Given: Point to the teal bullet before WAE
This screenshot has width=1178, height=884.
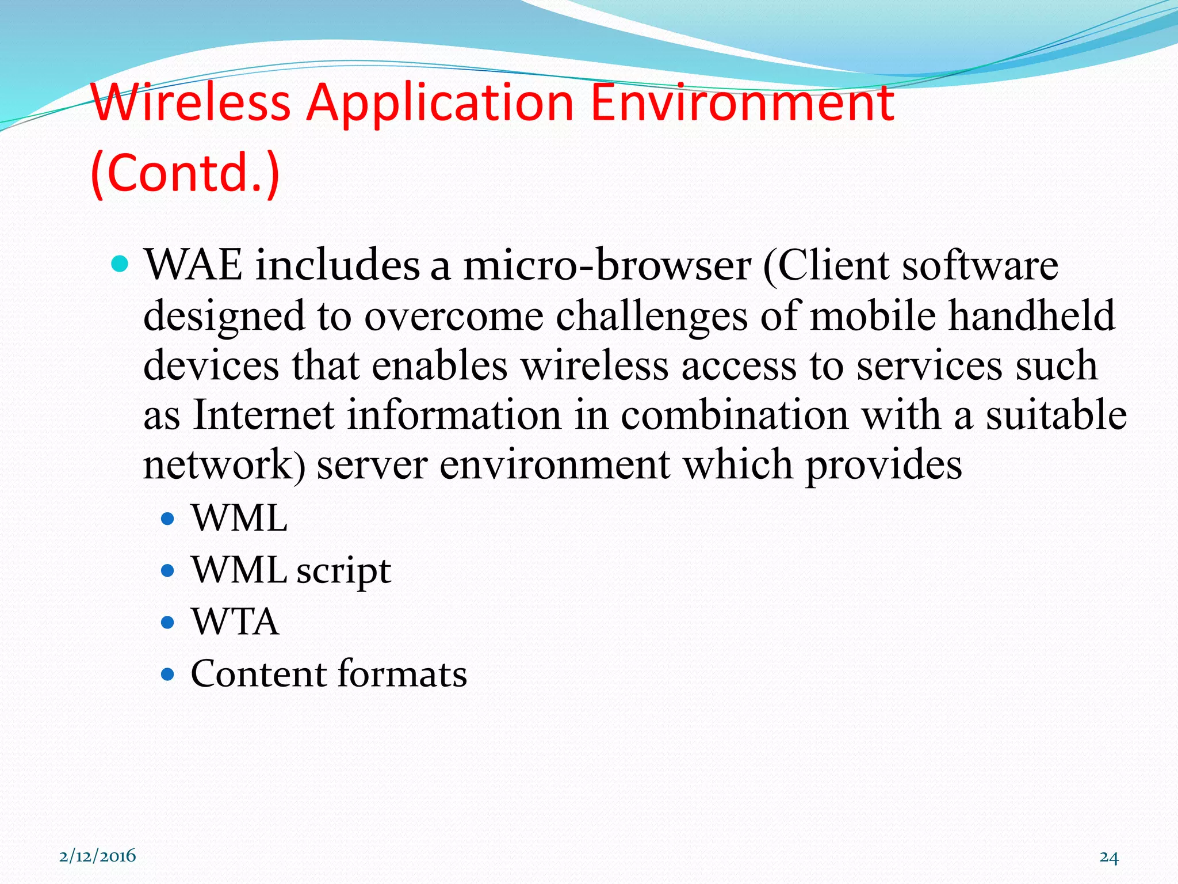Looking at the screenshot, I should click(x=120, y=264).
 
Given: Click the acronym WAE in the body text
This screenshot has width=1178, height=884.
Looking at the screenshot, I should click(x=193, y=265).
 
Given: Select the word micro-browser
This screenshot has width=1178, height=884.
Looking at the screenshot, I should click(x=607, y=265).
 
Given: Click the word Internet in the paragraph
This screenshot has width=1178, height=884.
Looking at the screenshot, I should click(x=264, y=415).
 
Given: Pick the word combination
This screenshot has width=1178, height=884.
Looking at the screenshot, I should click(x=734, y=415).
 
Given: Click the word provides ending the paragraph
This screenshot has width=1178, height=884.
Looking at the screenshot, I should click(x=883, y=465).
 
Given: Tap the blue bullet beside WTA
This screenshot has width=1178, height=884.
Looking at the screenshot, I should click(x=167, y=622).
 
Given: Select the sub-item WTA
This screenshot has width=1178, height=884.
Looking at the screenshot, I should click(x=235, y=622).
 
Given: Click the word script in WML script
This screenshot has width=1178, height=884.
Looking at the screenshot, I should click(x=343, y=571).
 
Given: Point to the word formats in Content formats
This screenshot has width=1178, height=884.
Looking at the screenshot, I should click(x=402, y=673).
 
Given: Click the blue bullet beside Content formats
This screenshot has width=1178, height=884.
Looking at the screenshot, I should click(x=167, y=674).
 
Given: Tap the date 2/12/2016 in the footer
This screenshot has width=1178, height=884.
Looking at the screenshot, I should click(x=98, y=856).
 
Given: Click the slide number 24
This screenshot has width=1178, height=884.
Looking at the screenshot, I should click(x=1109, y=857).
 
